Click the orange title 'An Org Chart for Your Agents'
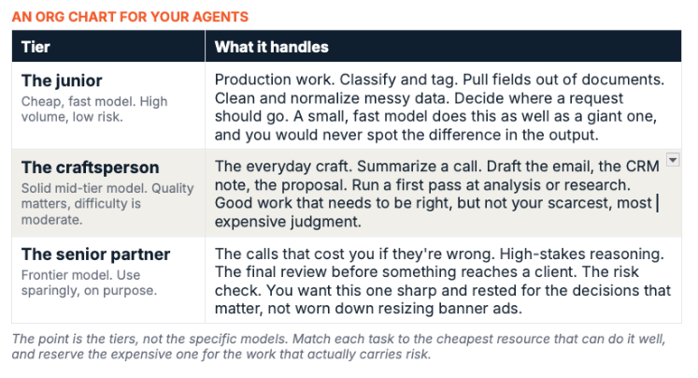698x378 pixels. coord(130,17)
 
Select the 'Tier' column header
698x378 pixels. coord(36,47)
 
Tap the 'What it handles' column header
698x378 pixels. coord(272,47)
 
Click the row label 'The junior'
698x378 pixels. coord(62,80)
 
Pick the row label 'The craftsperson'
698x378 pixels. coord(90,167)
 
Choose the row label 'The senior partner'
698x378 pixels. coord(95,254)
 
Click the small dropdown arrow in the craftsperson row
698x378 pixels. coord(673,159)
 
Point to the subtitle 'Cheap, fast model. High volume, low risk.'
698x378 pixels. coord(94,109)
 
